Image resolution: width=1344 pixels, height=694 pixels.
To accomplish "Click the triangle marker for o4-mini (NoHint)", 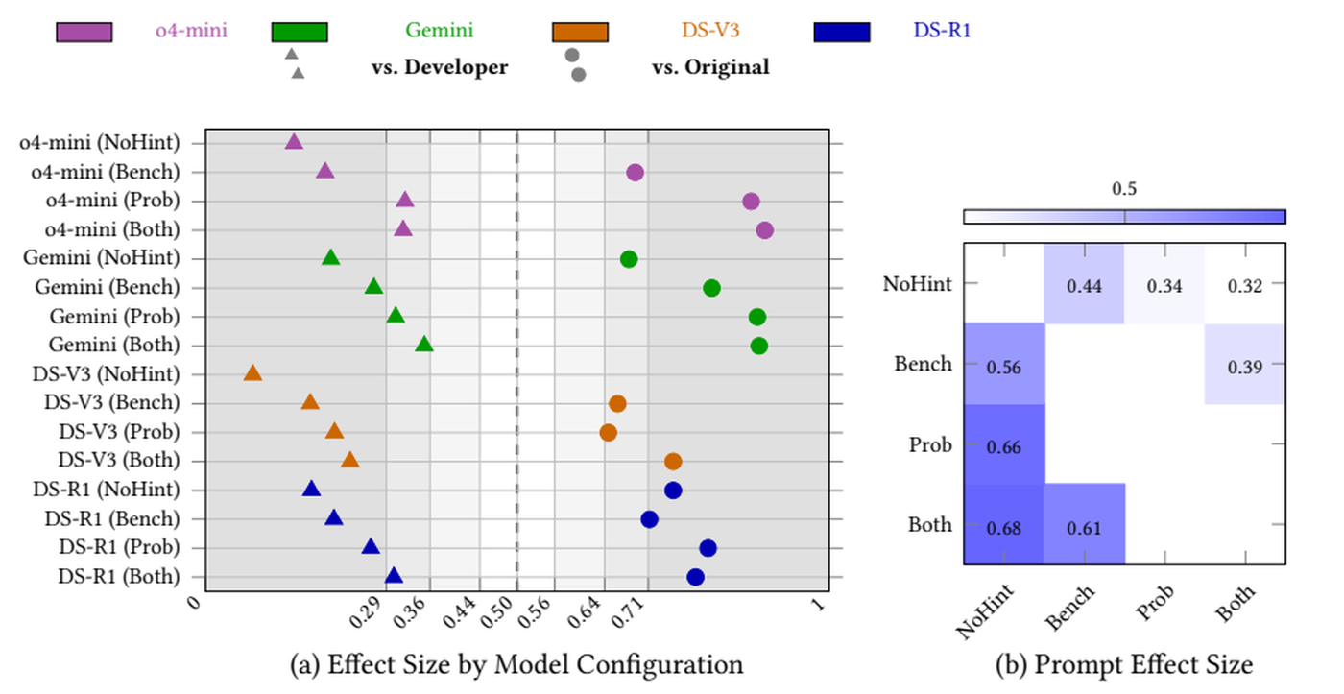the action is (x=294, y=141).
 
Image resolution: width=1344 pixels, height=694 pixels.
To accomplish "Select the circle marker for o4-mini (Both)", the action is (x=764, y=230).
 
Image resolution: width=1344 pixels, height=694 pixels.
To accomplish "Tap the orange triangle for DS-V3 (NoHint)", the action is (x=252, y=373).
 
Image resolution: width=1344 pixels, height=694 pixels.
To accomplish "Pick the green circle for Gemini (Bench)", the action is (x=711, y=289).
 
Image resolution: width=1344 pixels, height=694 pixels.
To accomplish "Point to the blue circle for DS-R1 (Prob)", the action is (x=708, y=548).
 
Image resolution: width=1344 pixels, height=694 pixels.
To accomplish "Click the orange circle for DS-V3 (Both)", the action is (x=673, y=462).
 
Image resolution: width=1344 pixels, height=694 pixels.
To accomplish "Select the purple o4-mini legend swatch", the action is (x=84, y=33).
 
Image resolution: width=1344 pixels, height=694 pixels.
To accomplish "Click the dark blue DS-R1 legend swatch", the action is (x=842, y=33).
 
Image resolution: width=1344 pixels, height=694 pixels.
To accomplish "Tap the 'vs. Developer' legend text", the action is (x=440, y=67).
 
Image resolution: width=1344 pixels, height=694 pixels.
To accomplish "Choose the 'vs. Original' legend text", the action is (x=711, y=67).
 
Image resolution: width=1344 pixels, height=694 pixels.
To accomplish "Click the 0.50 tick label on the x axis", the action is (x=498, y=612).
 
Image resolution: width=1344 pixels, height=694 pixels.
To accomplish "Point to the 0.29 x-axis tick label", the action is (x=366, y=612).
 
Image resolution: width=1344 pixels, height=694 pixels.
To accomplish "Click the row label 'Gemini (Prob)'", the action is (x=114, y=317).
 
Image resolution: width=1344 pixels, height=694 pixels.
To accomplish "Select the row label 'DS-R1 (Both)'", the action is (x=119, y=577).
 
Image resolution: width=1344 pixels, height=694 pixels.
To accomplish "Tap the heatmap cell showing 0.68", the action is (x=1004, y=525).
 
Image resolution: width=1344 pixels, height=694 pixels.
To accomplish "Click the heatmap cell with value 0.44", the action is (x=1084, y=284).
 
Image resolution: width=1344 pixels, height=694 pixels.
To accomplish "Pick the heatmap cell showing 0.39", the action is (x=1245, y=364).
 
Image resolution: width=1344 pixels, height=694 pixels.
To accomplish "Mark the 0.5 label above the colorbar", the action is (x=1124, y=189).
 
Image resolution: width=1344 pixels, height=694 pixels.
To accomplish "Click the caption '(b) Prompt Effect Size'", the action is (x=1124, y=664).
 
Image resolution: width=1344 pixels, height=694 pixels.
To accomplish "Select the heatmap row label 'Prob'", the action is (x=930, y=445).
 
